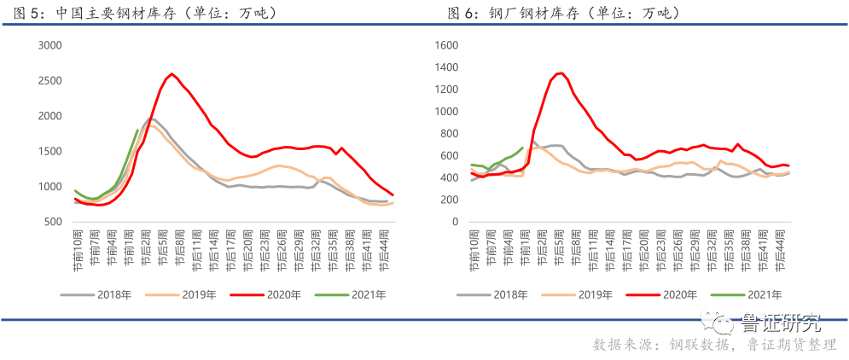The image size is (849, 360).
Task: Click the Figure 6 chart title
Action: point(563,14)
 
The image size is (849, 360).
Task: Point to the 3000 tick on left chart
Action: point(51,45)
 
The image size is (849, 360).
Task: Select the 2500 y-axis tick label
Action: point(51,80)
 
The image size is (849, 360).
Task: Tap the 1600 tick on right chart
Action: point(446,45)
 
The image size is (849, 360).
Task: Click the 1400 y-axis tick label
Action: point(446,67)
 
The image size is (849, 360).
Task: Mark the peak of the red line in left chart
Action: point(172,73)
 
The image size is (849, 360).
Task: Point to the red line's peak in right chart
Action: point(561,73)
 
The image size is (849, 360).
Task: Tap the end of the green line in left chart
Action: point(138,130)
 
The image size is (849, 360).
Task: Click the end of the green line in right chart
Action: point(523,147)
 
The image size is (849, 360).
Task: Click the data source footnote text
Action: point(714,345)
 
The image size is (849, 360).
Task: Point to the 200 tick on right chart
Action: point(450,200)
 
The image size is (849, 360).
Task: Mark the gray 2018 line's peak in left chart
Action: point(152,119)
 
